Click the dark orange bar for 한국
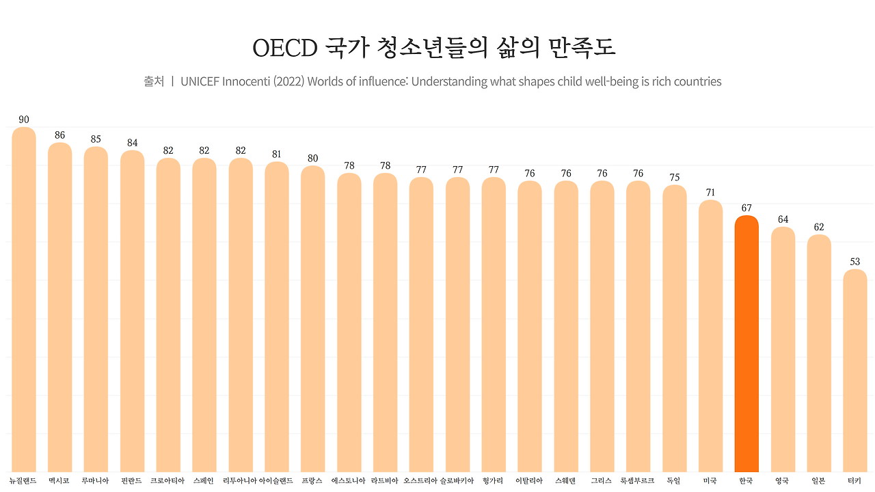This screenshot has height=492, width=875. pos(746,342)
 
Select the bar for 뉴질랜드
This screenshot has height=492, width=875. pos(24,301)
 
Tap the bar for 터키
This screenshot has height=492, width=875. pos(855,369)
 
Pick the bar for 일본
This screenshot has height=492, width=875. pos(819,352)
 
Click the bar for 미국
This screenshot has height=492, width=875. pos(710,335)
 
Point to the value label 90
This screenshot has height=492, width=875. pos(24,120)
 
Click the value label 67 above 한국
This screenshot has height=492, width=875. pos(746,208)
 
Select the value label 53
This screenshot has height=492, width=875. pos(855,262)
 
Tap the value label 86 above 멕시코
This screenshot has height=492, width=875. pos(60,135)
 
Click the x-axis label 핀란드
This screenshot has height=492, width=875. pos(132,481)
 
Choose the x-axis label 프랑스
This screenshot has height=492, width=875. pos(312,481)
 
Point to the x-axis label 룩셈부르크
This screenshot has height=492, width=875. pos(638,481)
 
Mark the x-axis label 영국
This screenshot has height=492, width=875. pos(783,481)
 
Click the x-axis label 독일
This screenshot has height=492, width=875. pos(674,481)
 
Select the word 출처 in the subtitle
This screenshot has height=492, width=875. pos(154,81)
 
